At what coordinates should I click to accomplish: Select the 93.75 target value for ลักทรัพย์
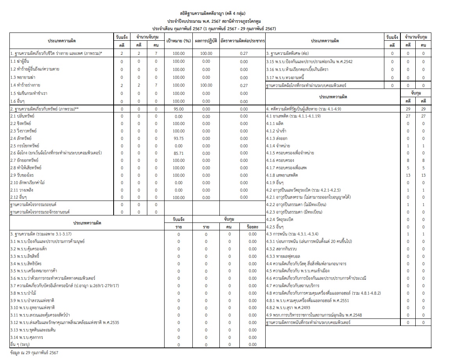click(178, 138)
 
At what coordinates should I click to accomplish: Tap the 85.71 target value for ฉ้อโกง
click(178, 153)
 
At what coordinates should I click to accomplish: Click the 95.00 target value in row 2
click(178, 109)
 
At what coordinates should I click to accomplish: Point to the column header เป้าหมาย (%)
click(178, 41)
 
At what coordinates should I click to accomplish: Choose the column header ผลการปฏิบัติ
click(206, 41)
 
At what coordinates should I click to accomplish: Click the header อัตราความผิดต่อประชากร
click(243, 41)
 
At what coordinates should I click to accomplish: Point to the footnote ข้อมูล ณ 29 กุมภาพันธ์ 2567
click(34, 353)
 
